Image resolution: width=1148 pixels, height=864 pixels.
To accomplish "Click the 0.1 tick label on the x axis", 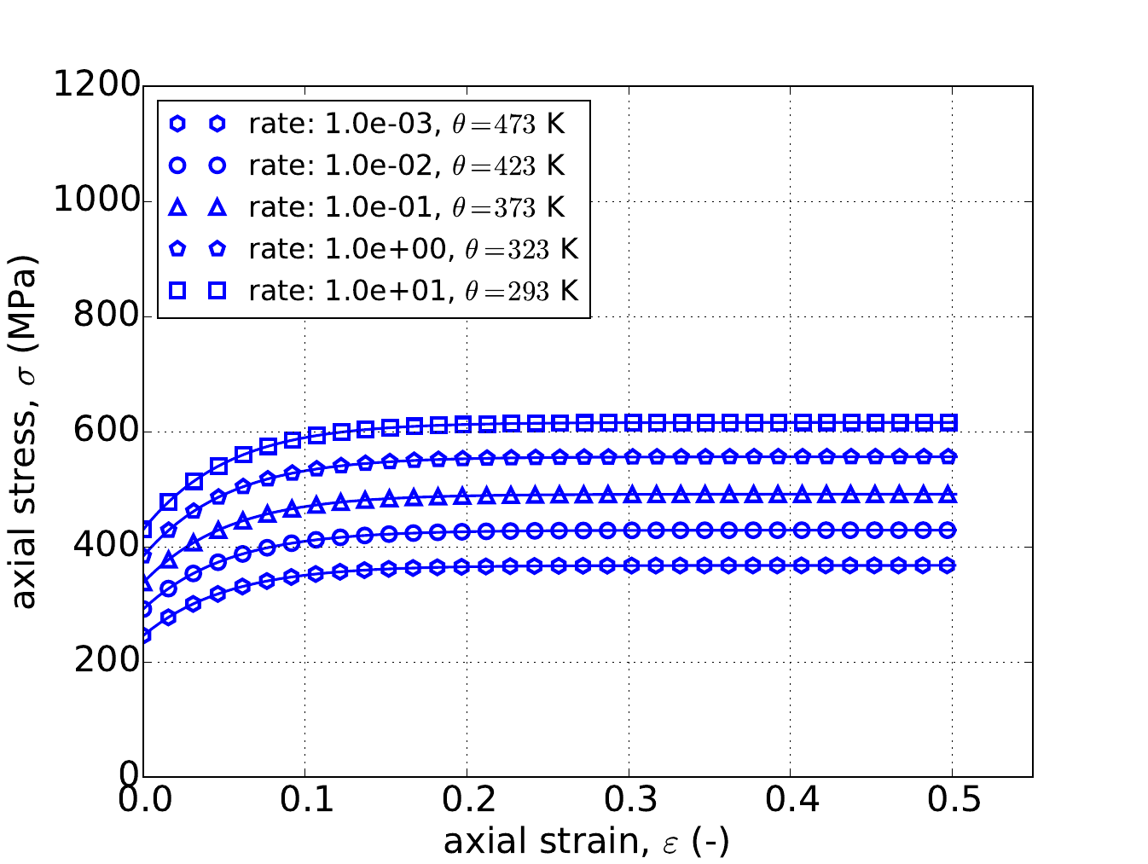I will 304,801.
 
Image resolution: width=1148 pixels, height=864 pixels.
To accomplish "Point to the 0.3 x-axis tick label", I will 629,801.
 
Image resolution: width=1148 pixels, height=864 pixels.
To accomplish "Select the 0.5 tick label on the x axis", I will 952,801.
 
